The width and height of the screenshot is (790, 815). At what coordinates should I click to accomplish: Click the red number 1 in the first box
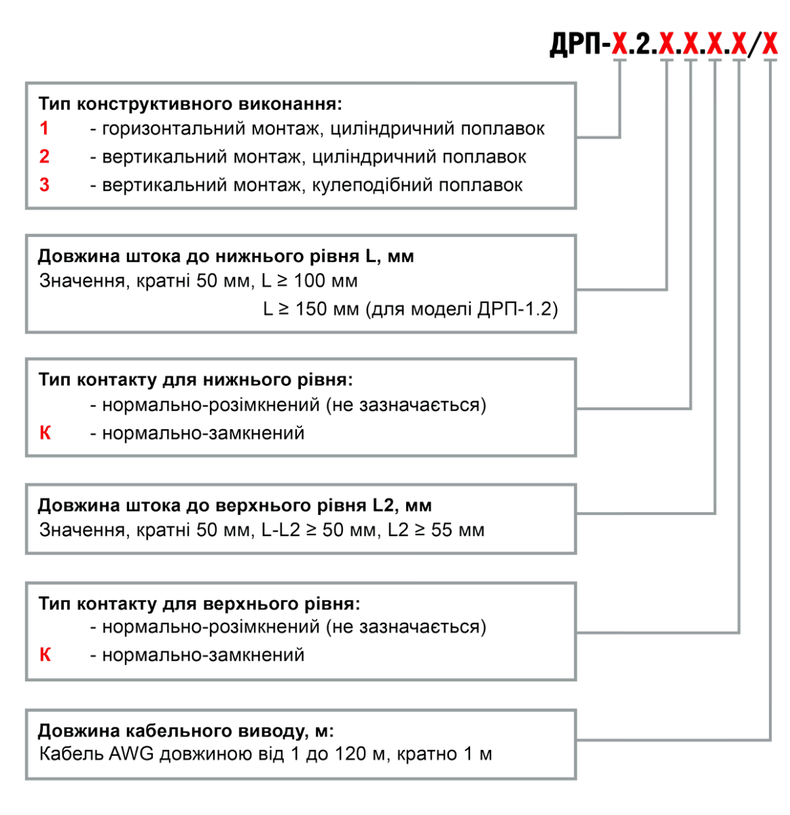44,128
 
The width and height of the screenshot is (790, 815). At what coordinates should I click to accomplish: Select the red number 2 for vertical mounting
44,156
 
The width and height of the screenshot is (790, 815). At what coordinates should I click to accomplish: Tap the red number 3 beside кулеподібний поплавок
44,185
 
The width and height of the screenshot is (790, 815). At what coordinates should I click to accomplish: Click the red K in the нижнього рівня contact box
45,433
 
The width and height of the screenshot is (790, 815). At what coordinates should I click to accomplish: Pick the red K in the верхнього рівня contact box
45,655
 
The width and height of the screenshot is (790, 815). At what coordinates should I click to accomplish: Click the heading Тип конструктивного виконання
191,105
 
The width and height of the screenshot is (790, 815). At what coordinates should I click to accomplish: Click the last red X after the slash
770,45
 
